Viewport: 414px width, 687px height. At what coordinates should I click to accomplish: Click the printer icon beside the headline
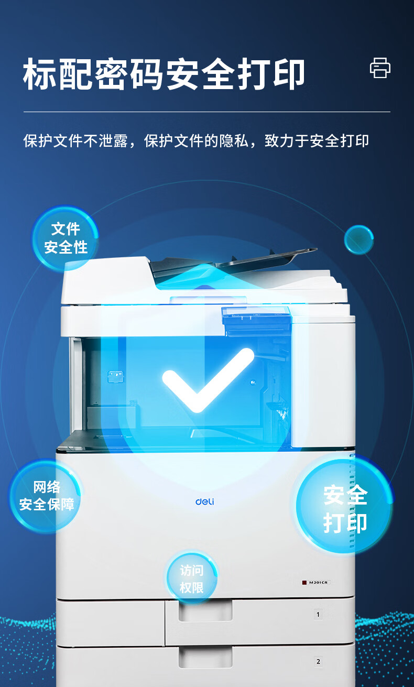380,68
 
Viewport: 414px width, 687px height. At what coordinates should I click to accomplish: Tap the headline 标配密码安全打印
164,74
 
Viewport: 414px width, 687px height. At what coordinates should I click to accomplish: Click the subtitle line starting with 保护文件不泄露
196,141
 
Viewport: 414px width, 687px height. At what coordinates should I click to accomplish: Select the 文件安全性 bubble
66,238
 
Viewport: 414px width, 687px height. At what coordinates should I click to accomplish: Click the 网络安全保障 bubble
46,496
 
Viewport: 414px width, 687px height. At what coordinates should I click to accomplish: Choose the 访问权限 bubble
192,580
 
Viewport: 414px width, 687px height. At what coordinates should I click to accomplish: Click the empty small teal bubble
358,240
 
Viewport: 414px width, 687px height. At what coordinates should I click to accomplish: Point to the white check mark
208,380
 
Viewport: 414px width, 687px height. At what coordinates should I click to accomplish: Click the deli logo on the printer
205,501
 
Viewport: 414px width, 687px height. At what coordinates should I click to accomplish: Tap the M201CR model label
318,582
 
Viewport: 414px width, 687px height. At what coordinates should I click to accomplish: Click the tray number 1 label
318,614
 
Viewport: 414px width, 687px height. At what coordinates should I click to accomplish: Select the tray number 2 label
318,661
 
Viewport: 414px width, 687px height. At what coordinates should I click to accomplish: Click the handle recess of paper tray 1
205,611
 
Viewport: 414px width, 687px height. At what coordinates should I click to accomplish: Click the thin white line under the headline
207,112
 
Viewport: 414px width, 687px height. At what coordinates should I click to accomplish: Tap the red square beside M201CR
304,582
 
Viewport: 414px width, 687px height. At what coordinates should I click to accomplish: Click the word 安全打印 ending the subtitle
339,141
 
